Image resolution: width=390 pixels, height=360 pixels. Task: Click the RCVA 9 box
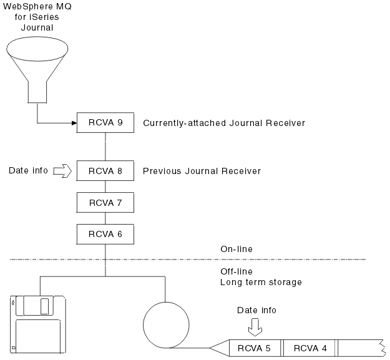tap(105, 123)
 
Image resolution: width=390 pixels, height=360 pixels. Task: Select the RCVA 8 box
tap(105, 171)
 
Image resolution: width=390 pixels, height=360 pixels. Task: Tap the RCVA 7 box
tap(105, 203)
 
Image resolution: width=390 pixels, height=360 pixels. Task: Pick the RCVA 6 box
tap(105, 234)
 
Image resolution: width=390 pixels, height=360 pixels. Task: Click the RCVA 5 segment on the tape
tap(254, 348)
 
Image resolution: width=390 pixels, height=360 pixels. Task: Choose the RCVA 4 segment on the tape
tap(310, 348)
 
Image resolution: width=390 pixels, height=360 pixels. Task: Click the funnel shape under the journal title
tap(38, 69)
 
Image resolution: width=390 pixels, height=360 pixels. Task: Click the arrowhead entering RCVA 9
tap(73, 123)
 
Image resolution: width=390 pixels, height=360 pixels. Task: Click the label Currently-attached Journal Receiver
tap(223, 124)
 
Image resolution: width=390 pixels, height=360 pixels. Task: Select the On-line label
tap(236, 250)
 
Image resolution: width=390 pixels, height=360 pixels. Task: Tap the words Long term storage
tap(261, 282)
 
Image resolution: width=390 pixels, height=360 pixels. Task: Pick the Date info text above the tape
tap(256, 310)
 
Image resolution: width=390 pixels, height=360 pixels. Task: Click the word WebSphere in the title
tap(29, 6)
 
